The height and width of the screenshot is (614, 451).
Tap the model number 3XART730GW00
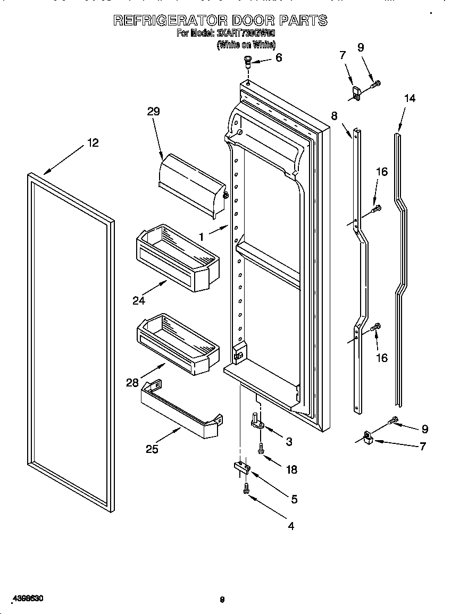point(246,33)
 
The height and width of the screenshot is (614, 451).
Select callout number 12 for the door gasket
point(93,143)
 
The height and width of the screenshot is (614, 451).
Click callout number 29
point(153,112)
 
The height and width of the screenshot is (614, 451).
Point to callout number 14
point(410,98)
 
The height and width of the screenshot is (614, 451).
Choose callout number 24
point(139,300)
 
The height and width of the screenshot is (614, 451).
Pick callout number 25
point(152,449)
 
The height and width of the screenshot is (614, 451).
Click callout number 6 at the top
point(279,57)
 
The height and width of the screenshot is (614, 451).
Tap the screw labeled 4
point(246,489)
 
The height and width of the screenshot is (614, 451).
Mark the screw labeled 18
point(261,449)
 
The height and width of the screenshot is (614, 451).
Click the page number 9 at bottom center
point(222,600)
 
